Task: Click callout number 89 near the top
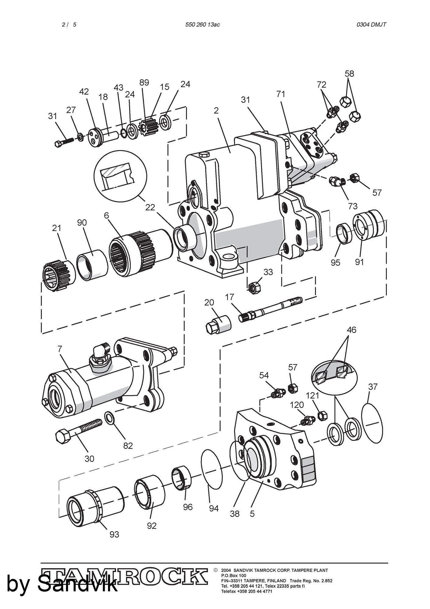point(144,83)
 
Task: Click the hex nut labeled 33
point(255,287)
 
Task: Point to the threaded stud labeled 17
point(271,309)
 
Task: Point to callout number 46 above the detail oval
point(351,330)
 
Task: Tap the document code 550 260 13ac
point(202,25)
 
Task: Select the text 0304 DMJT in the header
point(371,25)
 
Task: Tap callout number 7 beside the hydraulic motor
point(60,349)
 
